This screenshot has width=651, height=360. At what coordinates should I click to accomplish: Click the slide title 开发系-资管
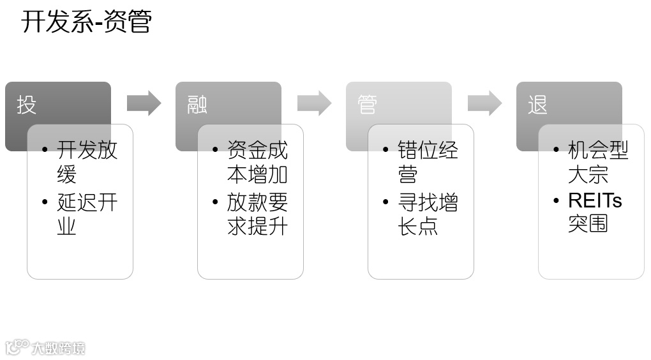click(87, 21)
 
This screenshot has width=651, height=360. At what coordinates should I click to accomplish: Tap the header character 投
click(27, 105)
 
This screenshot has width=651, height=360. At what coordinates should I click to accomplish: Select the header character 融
click(197, 105)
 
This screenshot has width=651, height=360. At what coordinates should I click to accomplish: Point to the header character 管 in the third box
click(368, 105)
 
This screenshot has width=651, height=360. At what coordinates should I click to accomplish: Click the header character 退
click(538, 105)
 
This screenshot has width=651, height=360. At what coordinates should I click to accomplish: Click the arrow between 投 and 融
click(144, 103)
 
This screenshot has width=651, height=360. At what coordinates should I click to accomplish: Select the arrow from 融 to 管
click(314, 103)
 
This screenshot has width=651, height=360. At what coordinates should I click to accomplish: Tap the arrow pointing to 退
click(484, 103)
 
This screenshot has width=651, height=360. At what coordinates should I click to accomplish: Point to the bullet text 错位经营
click(428, 161)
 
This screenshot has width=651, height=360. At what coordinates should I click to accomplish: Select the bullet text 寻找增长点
click(428, 214)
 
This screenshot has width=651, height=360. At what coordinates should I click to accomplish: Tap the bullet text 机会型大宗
click(598, 161)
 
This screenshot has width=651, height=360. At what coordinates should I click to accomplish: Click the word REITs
click(595, 200)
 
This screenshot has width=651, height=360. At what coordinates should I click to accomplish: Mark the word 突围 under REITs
click(588, 224)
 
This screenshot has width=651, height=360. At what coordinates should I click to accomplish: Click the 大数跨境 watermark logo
click(45, 347)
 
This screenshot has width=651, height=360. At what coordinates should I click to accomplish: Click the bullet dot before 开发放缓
click(45, 151)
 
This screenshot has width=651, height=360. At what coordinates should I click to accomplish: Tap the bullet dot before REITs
click(556, 201)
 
